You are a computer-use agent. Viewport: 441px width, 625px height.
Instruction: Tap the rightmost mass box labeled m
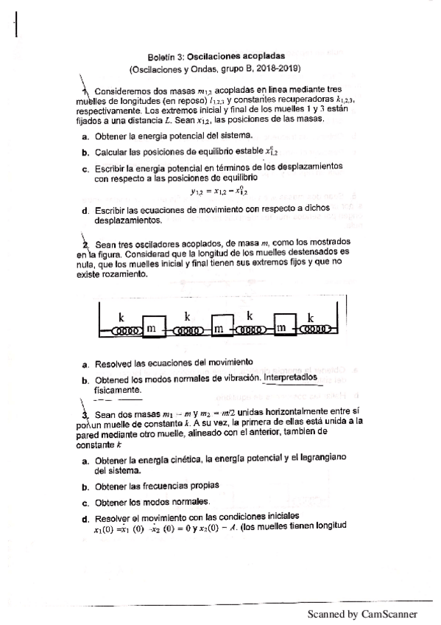pos(286,326)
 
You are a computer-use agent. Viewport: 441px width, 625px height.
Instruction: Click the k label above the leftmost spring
pos(122,317)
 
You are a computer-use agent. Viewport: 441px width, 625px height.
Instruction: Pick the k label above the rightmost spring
pos(310,317)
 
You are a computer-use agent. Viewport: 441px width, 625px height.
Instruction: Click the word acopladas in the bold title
pos(259,55)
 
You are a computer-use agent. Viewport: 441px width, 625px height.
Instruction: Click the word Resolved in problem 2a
pos(115,363)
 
